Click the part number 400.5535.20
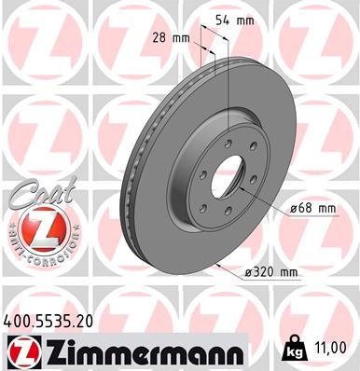pyautogui.click(x=48, y=319)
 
